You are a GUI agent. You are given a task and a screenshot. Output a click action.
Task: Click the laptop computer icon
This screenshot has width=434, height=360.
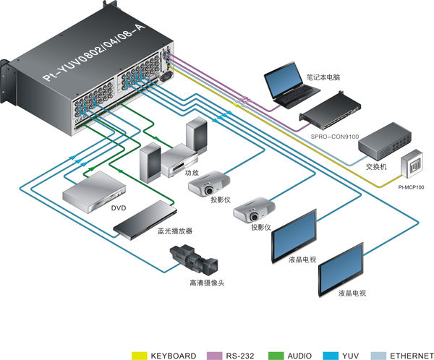(291, 85)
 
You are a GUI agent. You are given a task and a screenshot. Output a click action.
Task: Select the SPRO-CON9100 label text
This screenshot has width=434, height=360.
(335, 137)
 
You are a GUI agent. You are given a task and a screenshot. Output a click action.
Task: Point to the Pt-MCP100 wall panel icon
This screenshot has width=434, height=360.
(412, 163)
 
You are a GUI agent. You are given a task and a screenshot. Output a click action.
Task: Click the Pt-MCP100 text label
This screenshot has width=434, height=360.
(411, 187)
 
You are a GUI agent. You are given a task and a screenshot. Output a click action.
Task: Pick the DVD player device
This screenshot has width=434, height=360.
(94, 192)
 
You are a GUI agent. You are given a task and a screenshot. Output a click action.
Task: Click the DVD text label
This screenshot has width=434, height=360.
(119, 207)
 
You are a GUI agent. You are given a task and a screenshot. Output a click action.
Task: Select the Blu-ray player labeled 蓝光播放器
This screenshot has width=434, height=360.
(145, 220)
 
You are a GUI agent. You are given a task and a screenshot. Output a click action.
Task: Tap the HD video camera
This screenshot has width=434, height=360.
(194, 259)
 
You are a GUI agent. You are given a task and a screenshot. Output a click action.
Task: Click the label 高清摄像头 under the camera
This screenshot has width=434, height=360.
(207, 283)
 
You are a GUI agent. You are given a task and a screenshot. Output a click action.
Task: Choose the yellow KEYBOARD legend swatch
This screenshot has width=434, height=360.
(139, 356)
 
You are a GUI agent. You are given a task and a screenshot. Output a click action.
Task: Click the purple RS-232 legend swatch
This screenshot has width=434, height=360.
(214, 356)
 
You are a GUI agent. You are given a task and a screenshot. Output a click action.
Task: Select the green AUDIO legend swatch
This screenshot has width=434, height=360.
(276, 356)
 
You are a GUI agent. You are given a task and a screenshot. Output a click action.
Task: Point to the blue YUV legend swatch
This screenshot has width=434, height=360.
(331, 356)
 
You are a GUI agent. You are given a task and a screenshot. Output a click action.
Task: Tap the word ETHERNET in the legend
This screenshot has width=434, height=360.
(412, 356)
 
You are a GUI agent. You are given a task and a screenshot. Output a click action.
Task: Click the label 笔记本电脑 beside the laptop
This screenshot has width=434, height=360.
(323, 77)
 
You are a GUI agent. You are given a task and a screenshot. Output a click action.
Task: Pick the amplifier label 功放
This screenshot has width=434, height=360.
(192, 173)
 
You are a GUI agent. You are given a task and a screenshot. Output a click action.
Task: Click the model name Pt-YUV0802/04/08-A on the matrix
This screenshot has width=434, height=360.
(94, 53)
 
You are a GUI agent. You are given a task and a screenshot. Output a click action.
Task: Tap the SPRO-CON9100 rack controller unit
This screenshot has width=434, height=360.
(331, 111)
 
